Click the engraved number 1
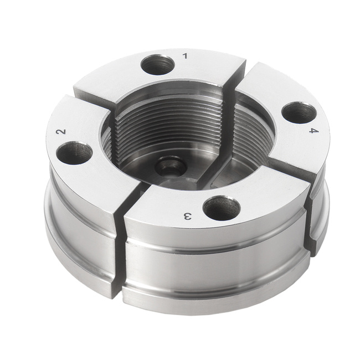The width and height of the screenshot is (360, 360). pyautogui.click(x=185, y=56)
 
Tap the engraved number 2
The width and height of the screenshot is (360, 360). pyautogui.click(x=61, y=132)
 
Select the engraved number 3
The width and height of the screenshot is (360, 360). pyautogui.click(x=187, y=216)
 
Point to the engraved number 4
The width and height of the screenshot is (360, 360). pyautogui.click(x=313, y=131)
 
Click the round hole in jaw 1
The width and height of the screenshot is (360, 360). pyautogui.click(x=157, y=65)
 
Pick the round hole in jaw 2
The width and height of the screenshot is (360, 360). pyautogui.click(x=74, y=153)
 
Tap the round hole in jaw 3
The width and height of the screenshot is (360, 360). pyautogui.click(x=222, y=208)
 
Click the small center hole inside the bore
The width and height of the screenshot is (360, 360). pyautogui.click(x=171, y=166)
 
